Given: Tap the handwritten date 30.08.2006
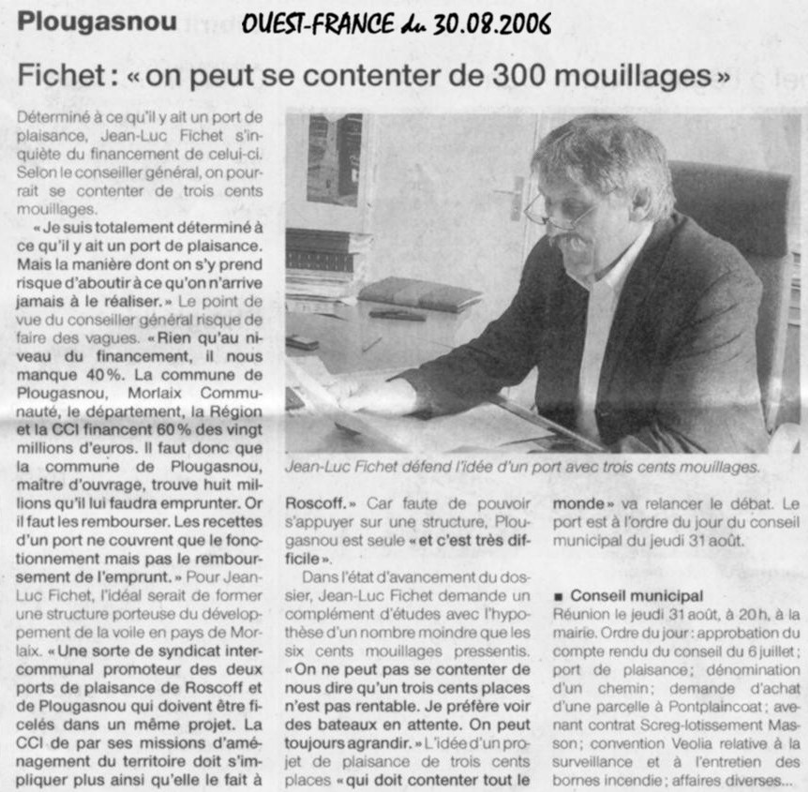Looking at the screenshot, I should click(492, 23).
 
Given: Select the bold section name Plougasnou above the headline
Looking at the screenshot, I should click(97, 22).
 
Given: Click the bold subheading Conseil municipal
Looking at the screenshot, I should click(636, 595).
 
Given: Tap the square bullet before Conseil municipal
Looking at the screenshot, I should click(559, 596).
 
